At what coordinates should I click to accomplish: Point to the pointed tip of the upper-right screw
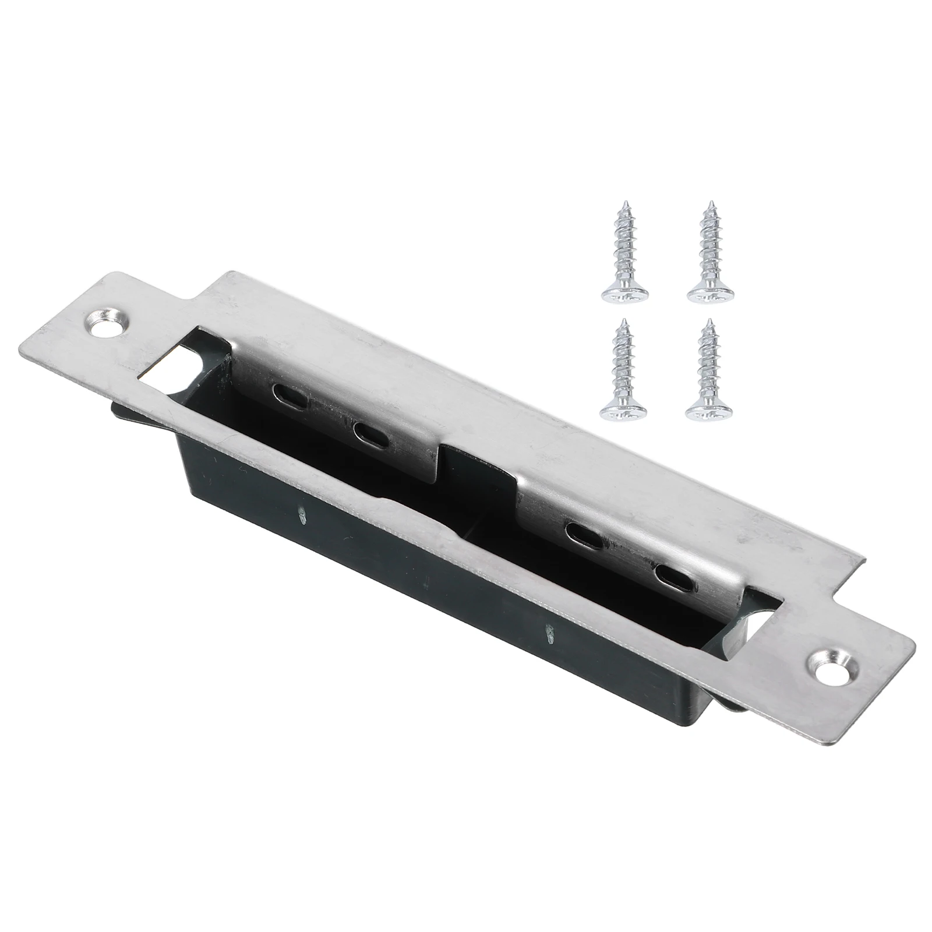(710, 204)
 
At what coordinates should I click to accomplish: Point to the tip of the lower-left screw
(623, 322)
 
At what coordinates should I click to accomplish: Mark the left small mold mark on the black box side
(302, 515)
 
